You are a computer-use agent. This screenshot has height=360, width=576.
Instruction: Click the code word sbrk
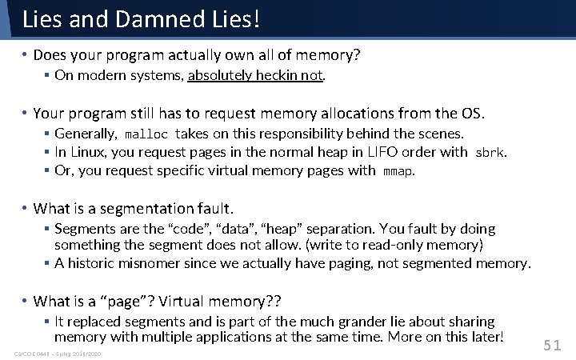(490, 152)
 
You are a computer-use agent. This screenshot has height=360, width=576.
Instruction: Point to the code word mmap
(398, 170)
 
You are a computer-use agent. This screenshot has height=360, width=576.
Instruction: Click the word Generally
(85, 134)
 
